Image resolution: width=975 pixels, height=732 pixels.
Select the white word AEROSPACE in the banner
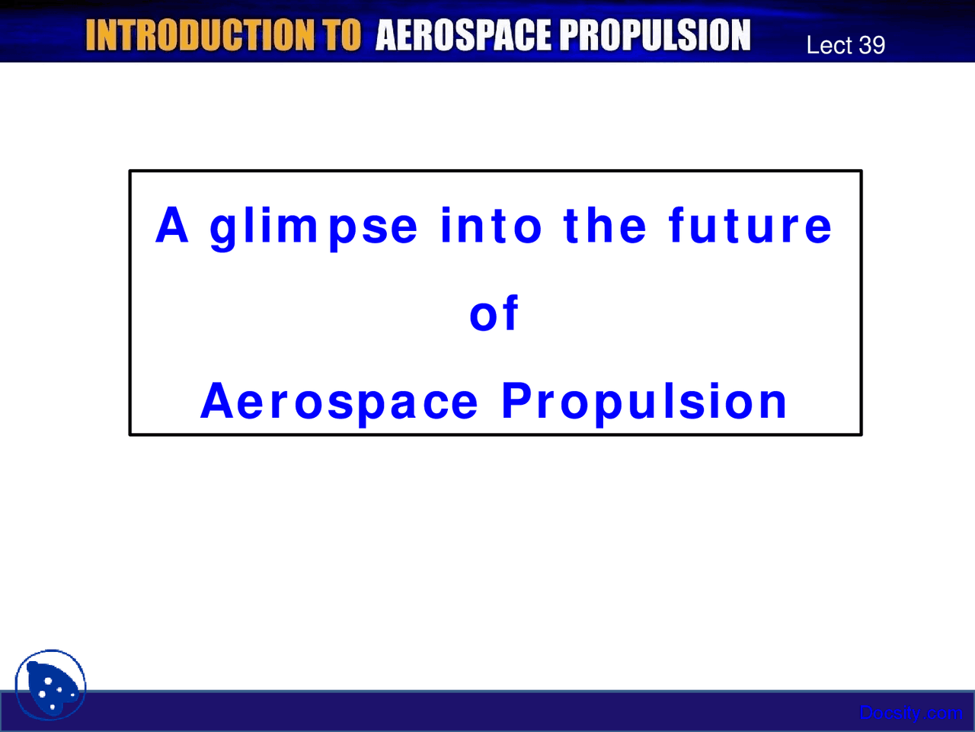coord(463,35)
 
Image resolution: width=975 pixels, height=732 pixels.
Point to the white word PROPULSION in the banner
coord(655,35)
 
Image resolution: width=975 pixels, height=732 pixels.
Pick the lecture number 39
coord(871,45)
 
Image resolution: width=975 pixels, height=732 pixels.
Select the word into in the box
coord(491,226)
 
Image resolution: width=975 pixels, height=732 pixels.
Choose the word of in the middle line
coord(494,313)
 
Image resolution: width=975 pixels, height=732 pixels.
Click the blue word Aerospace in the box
coord(339,403)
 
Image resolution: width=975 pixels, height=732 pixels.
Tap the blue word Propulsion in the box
coord(644,403)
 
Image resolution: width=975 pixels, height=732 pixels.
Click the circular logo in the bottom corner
coord(50,685)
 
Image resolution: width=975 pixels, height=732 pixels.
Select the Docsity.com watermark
coord(910,713)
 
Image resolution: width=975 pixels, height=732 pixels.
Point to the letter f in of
coord(510,313)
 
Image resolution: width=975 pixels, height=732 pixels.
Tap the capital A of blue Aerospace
coord(217,400)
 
